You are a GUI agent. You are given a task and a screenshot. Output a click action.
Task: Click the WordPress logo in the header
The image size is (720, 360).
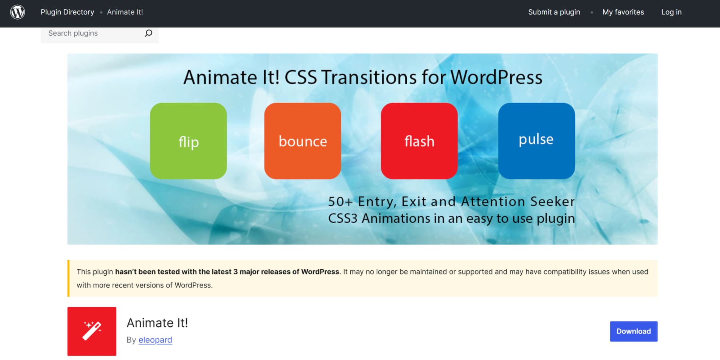[x=18, y=12]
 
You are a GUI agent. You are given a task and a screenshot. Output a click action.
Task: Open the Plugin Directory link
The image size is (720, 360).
[x=67, y=12]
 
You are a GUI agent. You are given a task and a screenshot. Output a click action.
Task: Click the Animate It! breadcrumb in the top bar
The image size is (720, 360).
[x=125, y=12]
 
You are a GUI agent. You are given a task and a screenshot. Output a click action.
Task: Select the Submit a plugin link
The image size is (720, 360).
[x=554, y=12]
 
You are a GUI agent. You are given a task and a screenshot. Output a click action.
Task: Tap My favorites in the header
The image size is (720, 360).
[x=623, y=12]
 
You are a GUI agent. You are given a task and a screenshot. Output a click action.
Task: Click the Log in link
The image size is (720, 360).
[x=671, y=12]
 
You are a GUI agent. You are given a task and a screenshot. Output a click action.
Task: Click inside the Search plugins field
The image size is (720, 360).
[x=92, y=33]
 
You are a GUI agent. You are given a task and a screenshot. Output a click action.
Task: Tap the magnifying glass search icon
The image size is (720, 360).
[x=148, y=33]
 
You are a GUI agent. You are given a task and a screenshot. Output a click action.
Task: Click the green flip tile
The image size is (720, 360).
[x=188, y=141]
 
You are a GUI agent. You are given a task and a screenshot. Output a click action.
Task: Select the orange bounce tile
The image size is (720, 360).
[x=303, y=141]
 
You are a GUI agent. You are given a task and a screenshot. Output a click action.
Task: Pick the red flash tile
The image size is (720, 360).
[x=419, y=141]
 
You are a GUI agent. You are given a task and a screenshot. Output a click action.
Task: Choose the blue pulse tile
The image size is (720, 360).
[x=536, y=141]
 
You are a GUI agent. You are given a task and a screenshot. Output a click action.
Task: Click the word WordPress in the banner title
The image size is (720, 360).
[x=496, y=77]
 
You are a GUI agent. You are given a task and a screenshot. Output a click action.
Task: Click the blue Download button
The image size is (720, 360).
[x=634, y=331]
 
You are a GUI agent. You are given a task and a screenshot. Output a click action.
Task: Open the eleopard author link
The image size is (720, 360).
[x=155, y=340]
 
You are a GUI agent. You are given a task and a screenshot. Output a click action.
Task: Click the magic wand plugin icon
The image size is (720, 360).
[x=92, y=331]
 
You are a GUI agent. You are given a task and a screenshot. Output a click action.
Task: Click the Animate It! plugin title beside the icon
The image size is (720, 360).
[x=157, y=323]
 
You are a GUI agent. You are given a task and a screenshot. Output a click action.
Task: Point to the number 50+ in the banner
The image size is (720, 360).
[x=340, y=202]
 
